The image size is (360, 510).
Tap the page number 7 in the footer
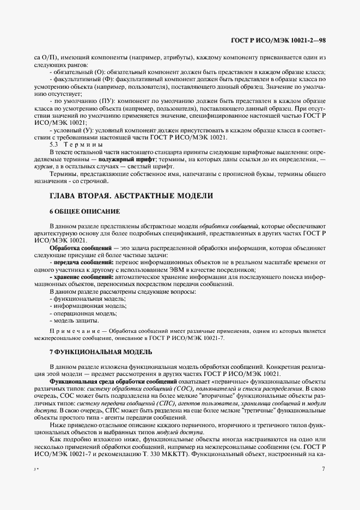(323, 468)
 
